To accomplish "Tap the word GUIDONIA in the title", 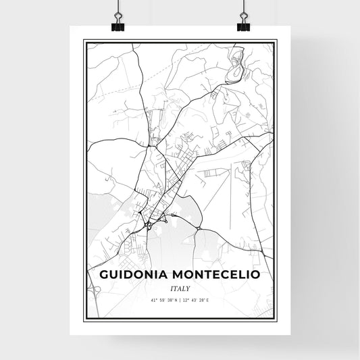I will point(135,275).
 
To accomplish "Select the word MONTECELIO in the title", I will point(215,275).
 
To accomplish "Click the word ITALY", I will point(180,288).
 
